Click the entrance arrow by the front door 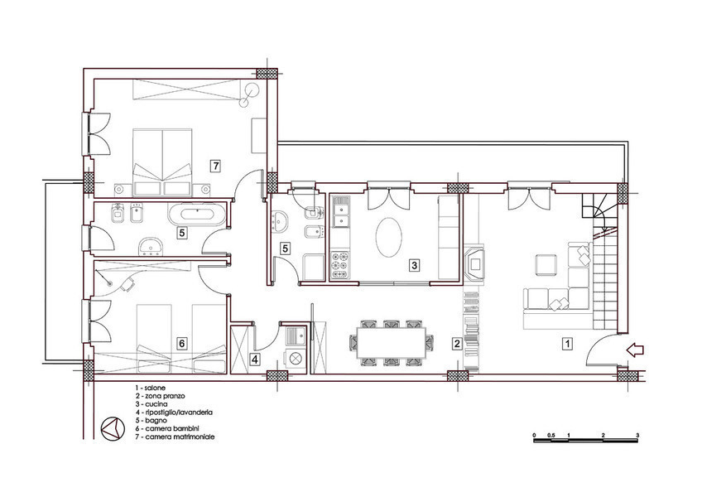pos(634,350)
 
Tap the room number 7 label pos(216,166)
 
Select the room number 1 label pos(567,344)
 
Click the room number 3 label pos(414,265)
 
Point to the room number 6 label pos(181,343)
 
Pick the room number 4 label pos(254,359)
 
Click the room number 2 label pos(457,344)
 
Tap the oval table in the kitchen pos(388,238)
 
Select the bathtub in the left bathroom pos(196,214)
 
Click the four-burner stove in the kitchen pos(339,265)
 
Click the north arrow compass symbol pos(112,428)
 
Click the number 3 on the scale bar pos(637,435)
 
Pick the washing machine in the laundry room pos(295,359)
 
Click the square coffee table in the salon pos(546,264)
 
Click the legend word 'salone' pos(155,388)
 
